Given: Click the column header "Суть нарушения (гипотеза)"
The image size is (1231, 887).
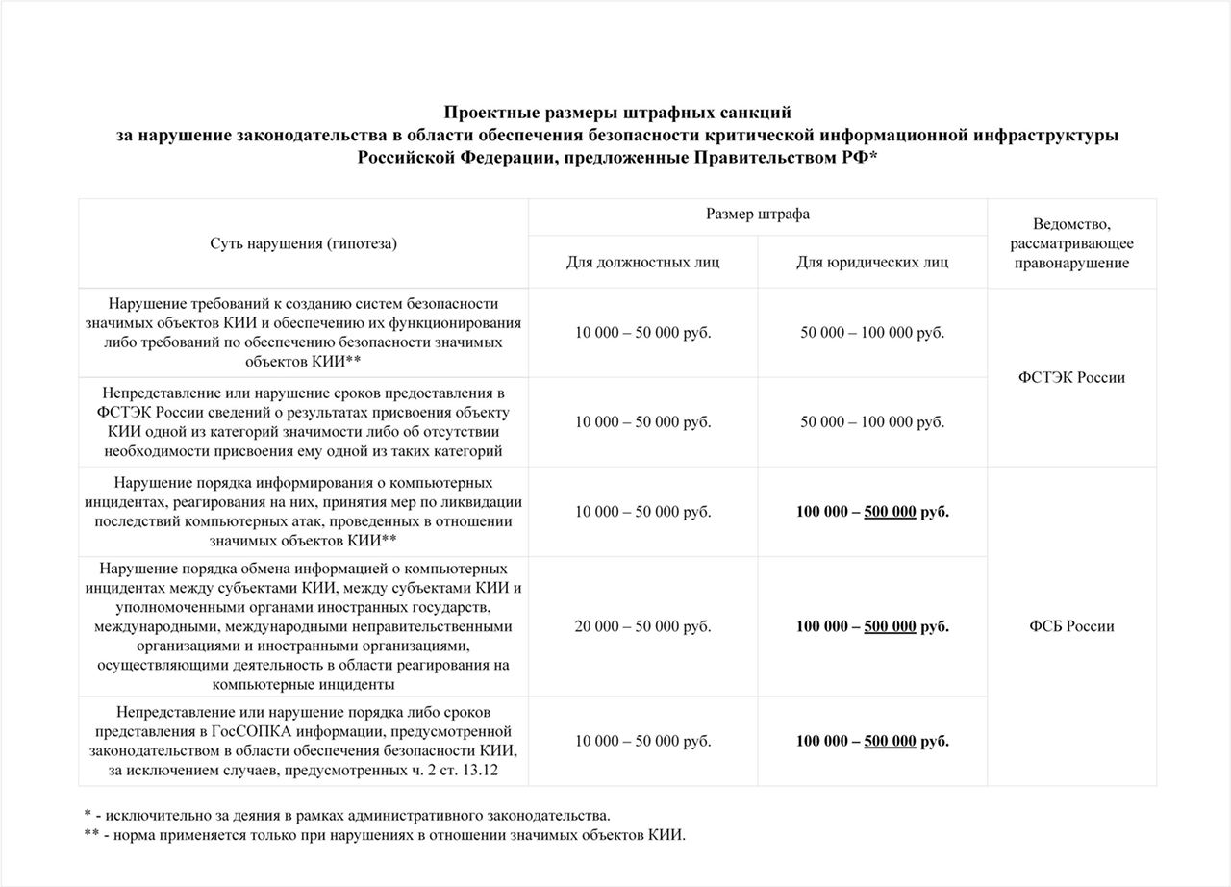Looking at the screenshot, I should (303, 244).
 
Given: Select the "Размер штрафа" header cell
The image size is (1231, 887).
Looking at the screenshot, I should (758, 215).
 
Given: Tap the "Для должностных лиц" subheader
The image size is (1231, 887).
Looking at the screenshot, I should (642, 262).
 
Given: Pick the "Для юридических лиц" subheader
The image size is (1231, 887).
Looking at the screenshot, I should (872, 262).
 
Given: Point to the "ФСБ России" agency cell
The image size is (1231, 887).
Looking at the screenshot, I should (1071, 626).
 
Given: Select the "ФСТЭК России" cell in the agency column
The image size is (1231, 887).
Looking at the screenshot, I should (1071, 377).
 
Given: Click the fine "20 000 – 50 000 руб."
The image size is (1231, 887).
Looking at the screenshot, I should (642, 626).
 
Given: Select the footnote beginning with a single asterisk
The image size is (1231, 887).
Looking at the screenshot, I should (347, 815).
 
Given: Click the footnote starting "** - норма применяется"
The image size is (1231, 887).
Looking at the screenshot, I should (385, 834).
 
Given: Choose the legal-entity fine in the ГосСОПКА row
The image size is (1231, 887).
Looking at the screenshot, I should (872, 741).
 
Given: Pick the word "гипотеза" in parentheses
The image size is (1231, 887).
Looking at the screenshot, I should (364, 244).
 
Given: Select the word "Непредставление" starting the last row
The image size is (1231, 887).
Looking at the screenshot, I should (169, 712).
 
